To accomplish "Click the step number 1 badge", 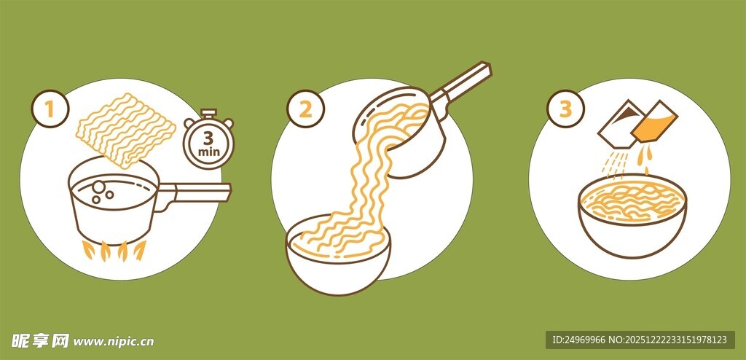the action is [x=50, y=109].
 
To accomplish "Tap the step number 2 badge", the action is [x=305, y=109].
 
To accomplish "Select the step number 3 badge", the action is [x=565, y=109].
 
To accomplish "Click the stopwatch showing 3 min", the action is [x=209, y=139].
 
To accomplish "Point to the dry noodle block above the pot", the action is [x=127, y=130].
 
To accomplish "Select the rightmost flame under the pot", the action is [x=140, y=251].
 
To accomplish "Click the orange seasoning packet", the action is [x=654, y=122].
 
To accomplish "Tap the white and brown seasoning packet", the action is [x=621, y=124].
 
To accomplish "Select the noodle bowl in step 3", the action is [x=633, y=216].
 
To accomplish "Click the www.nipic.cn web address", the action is [x=114, y=342].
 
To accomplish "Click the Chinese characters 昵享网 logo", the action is [x=41, y=340].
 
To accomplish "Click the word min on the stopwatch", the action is [x=209, y=152].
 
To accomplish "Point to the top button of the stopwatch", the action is [x=208, y=114].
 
